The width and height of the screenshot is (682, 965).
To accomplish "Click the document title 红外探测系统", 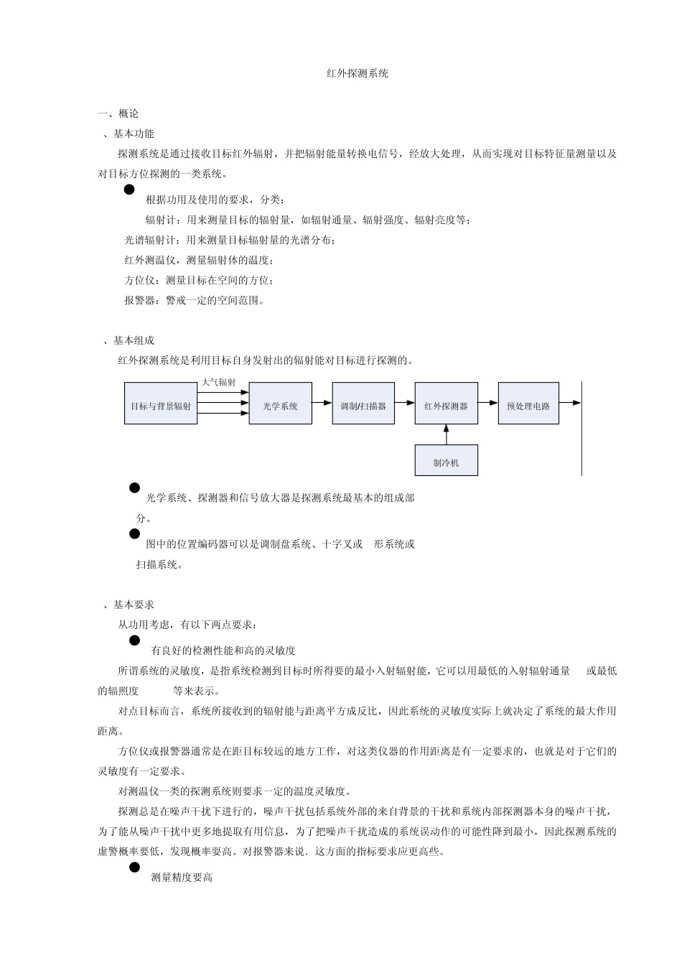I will click(357, 73).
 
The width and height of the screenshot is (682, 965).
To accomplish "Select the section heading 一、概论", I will click(118, 113).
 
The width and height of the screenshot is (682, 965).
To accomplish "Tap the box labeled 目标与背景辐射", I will click(161, 406).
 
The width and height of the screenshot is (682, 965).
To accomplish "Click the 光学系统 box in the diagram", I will click(280, 406).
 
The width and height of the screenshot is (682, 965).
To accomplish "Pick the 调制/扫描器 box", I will click(363, 406).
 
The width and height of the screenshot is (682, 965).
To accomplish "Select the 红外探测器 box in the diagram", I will click(446, 406).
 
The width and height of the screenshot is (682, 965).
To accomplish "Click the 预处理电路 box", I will click(528, 406).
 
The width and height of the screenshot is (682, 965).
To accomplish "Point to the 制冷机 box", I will click(446, 463).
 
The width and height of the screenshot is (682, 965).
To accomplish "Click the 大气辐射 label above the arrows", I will click(218, 383).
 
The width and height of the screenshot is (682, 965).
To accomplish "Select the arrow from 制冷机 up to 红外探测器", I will click(446, 434).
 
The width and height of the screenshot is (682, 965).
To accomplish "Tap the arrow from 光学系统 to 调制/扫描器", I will click(322, 404).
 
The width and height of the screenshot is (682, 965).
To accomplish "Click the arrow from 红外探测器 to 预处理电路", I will click(488, 404).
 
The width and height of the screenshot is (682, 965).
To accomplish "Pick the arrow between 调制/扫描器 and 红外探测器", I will click(405, 404).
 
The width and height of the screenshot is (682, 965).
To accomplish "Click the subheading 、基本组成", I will click(129, 340).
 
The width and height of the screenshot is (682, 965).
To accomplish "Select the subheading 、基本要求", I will click(129, 605).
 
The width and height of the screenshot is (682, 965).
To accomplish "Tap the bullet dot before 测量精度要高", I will click(134, 868).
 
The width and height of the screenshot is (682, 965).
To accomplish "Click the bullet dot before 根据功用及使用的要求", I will click(129, 190).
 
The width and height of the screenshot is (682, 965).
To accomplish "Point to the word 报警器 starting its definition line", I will click(140, 300).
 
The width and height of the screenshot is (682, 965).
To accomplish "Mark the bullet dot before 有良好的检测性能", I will click(134, 640).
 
